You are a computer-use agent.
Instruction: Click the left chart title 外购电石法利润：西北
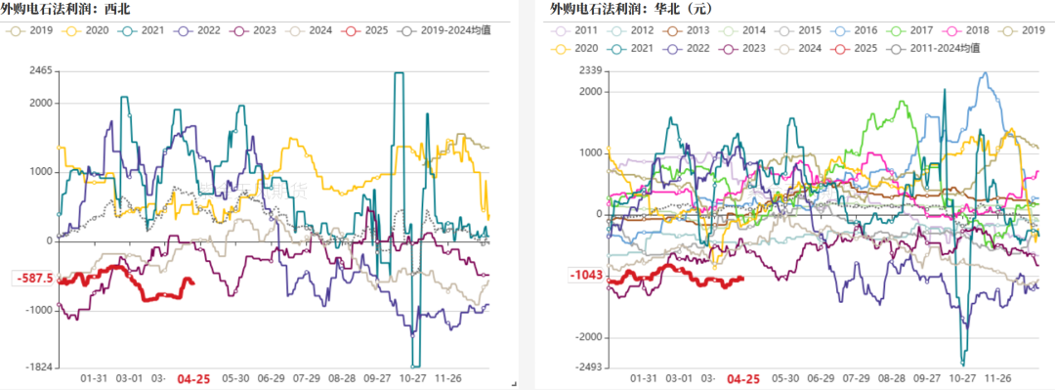pyautogui.click(x=65, y=10)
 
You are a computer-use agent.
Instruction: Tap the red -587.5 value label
pyautogui.click(x=34, y=279)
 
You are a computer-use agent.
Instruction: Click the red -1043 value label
pyautogui.click(x=586, y=277)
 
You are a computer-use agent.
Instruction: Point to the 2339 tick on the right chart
pyautogui.click(x=589, y=70)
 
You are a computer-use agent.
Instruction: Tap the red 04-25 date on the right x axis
pyautogui.click(x=744, y=378)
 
